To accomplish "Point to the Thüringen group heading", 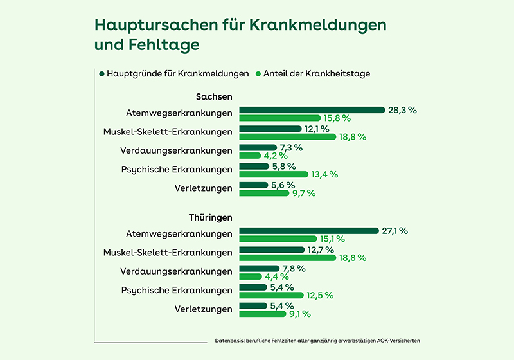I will [x=210, y=218].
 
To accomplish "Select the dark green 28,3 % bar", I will [x=312, y=110].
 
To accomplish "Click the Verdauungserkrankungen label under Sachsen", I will [x=176, y=151].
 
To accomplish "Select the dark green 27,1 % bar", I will [x=309, y=231].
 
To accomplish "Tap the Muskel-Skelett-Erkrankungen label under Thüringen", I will [x=167, y=253].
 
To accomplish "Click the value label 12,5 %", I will [x=320, y=295].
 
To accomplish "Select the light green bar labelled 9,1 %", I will [x=262, y=314].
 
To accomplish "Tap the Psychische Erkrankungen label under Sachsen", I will [x=177, y=170].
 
